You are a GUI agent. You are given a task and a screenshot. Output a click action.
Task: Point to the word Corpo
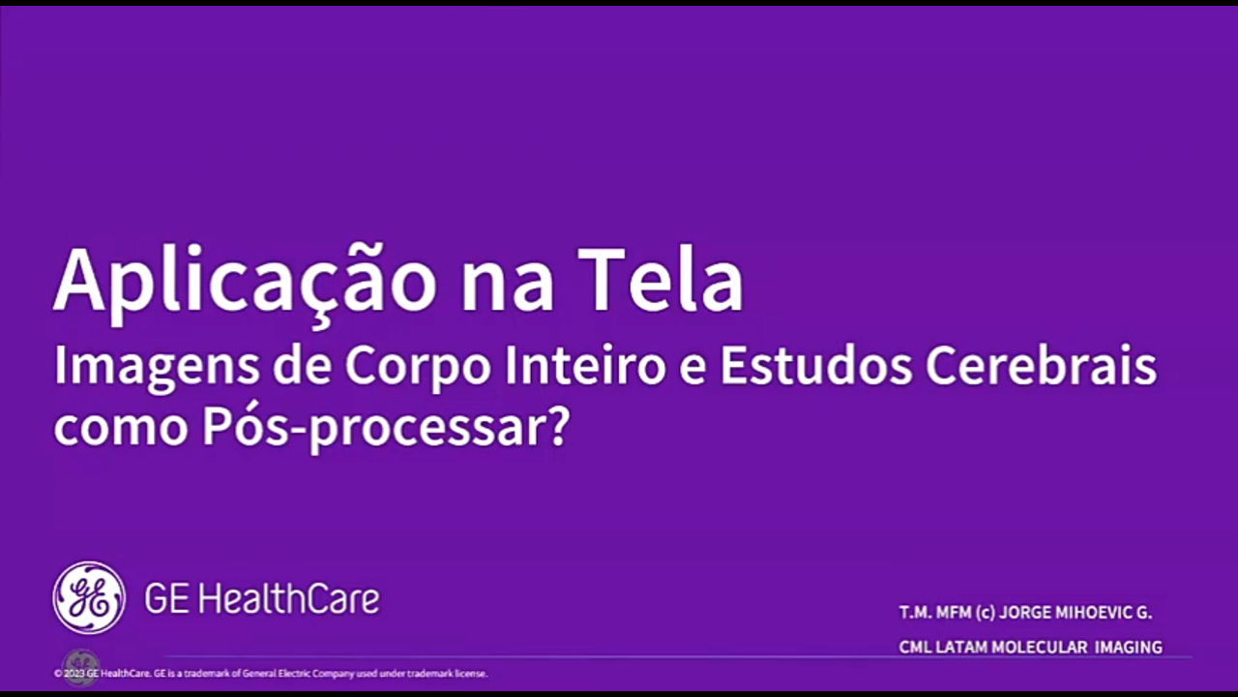point(418,368)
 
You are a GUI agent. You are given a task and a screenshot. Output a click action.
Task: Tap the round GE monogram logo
point(89,597)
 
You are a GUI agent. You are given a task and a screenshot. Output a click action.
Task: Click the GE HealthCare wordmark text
point(262,598)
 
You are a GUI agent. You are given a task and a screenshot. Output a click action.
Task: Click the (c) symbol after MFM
point(986,613)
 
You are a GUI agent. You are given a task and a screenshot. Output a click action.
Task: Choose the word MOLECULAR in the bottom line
point(1039,647)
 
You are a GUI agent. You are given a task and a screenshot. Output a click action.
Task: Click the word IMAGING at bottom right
point(1129,647)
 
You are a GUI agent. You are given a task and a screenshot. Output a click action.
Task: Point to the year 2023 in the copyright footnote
point(74,673)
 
